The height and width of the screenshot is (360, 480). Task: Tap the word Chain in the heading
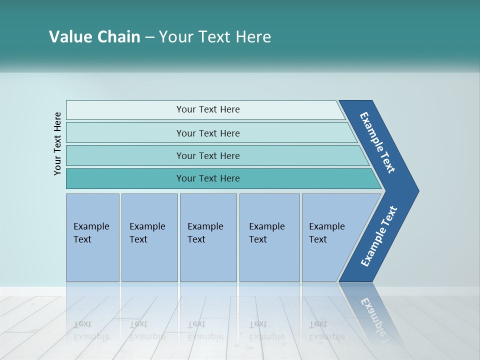tap(118, 37)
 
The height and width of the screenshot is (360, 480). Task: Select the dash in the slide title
tap(149, 37)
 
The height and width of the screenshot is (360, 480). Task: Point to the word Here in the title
tap(253, 37)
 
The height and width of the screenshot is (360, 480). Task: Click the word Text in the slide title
tap(215, 37)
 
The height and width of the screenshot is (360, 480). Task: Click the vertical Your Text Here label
tap(57, 143)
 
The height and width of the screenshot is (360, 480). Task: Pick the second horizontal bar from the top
tap(207, 133)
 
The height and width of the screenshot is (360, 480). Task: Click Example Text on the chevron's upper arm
tap(377, 142)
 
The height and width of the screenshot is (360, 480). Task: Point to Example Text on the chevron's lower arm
tap(378, 236)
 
